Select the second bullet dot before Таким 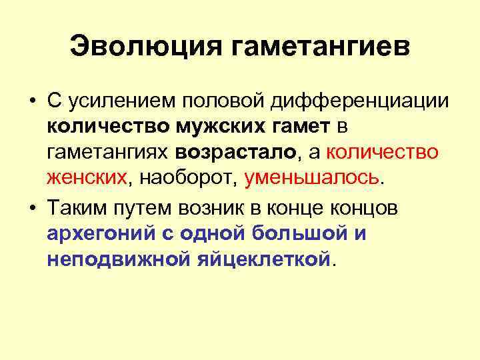(31, 208)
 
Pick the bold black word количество (98, 127)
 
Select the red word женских (87, 178)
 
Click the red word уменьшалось (312, 178)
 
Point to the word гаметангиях (109, 152)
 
